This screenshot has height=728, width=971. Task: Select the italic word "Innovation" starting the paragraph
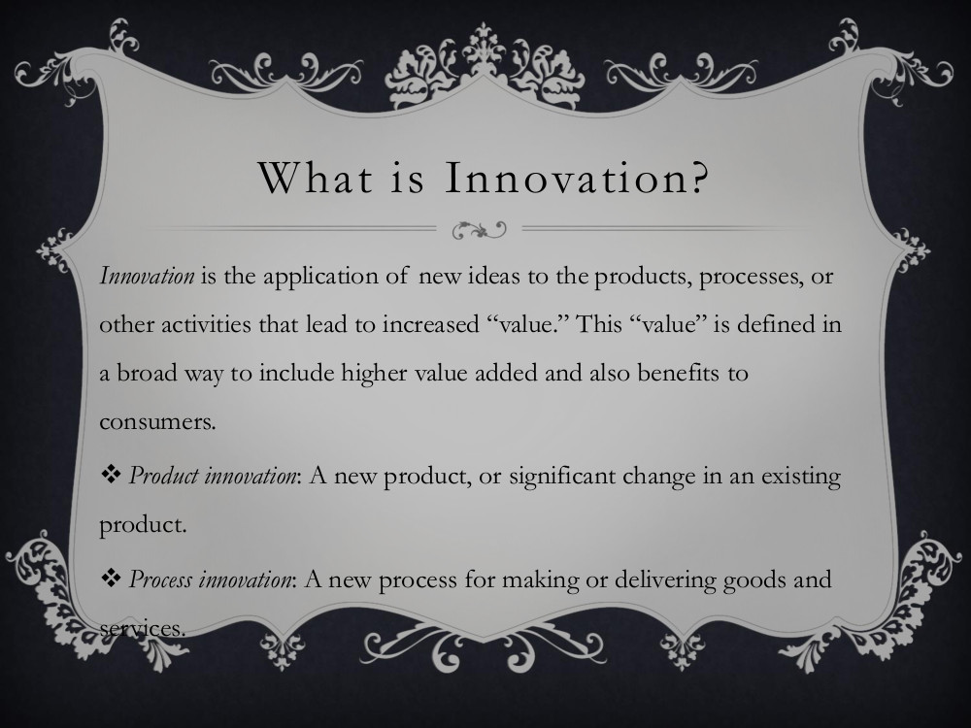coord(147,276)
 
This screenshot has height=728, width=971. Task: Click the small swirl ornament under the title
coord(480,230)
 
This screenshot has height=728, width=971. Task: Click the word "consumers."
coord(157,422)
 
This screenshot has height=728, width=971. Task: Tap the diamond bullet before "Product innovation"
coord(111,476)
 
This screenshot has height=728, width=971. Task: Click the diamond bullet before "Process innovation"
coord(111,579)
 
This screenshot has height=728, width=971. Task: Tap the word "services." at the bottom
coord(143,629)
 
